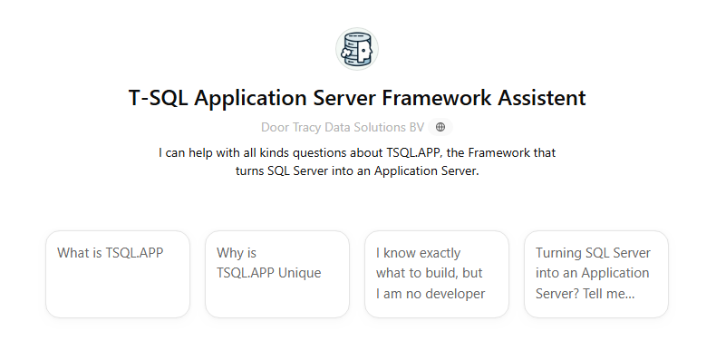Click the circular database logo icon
pyautogui.click(x=357, y=48)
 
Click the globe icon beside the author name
pyautogui.click(x=440, y=128)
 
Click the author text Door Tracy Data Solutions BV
pyautogui.click(x=343, y=128)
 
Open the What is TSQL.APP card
pyautogui.click(x=118, y=274)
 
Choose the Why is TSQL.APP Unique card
pyautogui.click(x=277, y=274)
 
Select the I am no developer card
pyautogui.click(x=437, y=274)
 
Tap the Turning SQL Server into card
pyautogui.click(x=596, y=274)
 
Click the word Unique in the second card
pyautogui.click(x=300, y=273)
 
